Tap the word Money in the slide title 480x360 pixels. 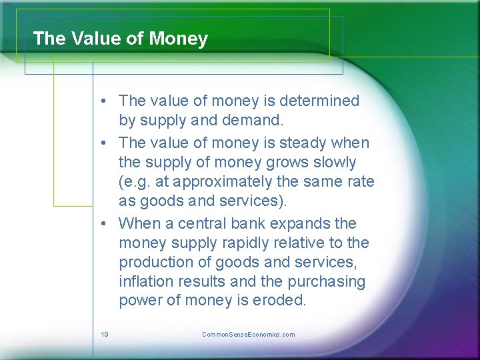click(179, 39)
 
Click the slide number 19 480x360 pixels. click(105, 335)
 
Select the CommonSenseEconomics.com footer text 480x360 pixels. click(248, 335)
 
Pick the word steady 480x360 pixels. click(307, 143)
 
